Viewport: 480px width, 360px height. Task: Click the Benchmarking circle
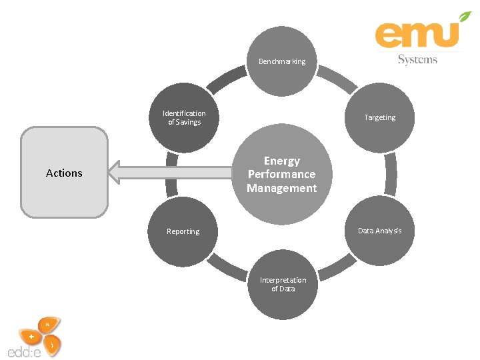pos(281,62)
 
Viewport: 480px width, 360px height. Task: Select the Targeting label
pos(379,117)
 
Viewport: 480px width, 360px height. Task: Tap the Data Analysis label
pos(379,231)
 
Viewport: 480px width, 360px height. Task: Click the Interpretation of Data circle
pos(283,285)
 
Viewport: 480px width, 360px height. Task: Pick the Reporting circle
pos(183,232)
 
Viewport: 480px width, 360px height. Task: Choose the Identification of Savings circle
pos(183,118)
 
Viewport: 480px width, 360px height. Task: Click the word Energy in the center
pos(282,161)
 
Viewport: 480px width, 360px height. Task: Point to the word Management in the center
pos(282,188)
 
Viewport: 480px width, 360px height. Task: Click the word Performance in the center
pos(282,174)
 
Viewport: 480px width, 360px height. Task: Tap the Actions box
pos(64,173)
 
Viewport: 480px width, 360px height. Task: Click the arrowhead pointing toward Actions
pos(117,172)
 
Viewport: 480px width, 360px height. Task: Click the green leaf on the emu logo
pos(464,18)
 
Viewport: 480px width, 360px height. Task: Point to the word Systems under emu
pos(417,59)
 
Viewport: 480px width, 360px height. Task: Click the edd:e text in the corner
pos(24,351)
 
